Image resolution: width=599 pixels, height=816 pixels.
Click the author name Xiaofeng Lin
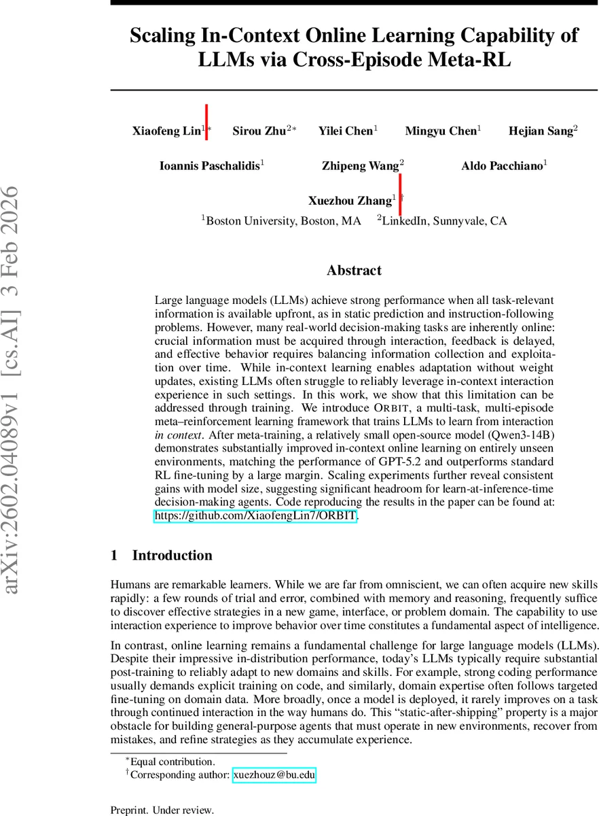[166, 131]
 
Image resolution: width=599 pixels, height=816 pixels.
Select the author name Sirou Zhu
[259, 131]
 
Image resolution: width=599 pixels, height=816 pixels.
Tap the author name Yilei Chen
[345, 131]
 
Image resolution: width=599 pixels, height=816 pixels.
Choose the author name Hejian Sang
[541, 131]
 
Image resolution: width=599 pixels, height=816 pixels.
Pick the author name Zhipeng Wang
[360, 166]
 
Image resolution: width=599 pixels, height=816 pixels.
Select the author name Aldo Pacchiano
[502, 166]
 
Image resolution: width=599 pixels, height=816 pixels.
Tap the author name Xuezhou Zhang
[350, 201]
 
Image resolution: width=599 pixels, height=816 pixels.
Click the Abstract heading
[354, 271]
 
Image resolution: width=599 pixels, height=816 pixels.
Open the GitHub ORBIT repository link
[256, 516]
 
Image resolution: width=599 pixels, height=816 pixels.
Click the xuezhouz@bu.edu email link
[274, 775]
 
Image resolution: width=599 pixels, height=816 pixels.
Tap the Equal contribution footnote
[173, 762]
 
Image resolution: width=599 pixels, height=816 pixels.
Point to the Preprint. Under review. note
[162, 810]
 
